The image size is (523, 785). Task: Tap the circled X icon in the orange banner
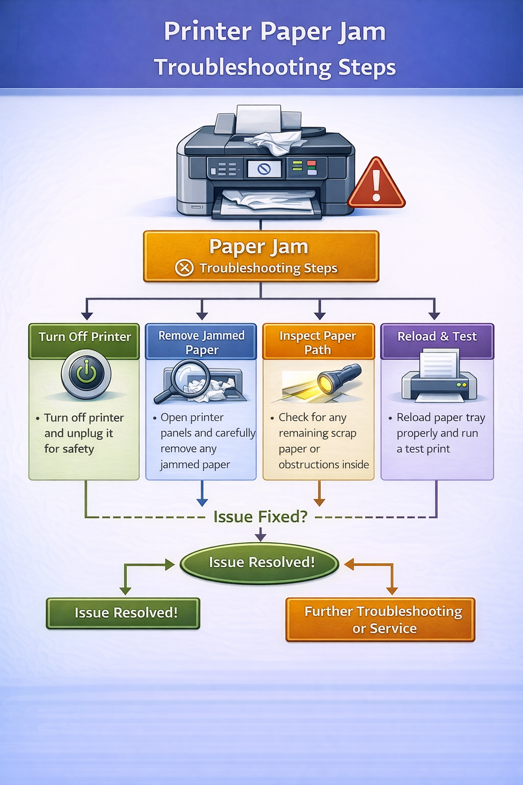coord(184,268)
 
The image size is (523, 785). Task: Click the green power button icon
coord(86,374)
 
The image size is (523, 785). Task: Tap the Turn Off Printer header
coord(85,337)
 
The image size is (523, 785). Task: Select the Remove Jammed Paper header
coord(201,342)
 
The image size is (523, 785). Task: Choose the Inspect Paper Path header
coord(318,342)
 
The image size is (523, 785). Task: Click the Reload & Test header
coord(437,337)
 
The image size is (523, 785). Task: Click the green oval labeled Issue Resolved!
coord(261,563)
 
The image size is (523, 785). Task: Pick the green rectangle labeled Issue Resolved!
coord(123,613)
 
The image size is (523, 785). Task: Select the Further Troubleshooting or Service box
coord(381,619)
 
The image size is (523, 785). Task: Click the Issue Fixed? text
coord(260,517)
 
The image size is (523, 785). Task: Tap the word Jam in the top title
coord(361,32)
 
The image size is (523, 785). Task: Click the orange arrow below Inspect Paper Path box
coord(319,495)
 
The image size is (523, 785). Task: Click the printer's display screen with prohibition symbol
coord(264,169)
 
